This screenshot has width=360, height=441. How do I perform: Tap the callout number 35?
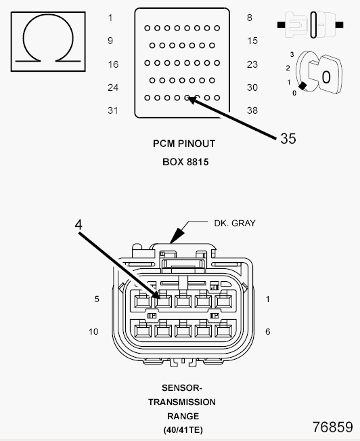(x=288, y=138)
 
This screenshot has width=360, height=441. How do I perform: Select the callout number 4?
(x=78, y=225)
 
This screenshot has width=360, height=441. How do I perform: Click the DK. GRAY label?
(x=235, y=224)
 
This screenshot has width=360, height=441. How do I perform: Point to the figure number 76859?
(x=332, y=427)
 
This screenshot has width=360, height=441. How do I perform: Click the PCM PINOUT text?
(x=184, y=144)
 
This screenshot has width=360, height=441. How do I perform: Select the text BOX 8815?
(x=185, y=162)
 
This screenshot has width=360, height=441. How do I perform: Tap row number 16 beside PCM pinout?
(x=113, y=64)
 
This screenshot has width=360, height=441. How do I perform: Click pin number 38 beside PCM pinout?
(x=252, y=110)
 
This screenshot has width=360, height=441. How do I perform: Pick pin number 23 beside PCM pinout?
(x=252, y=64)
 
